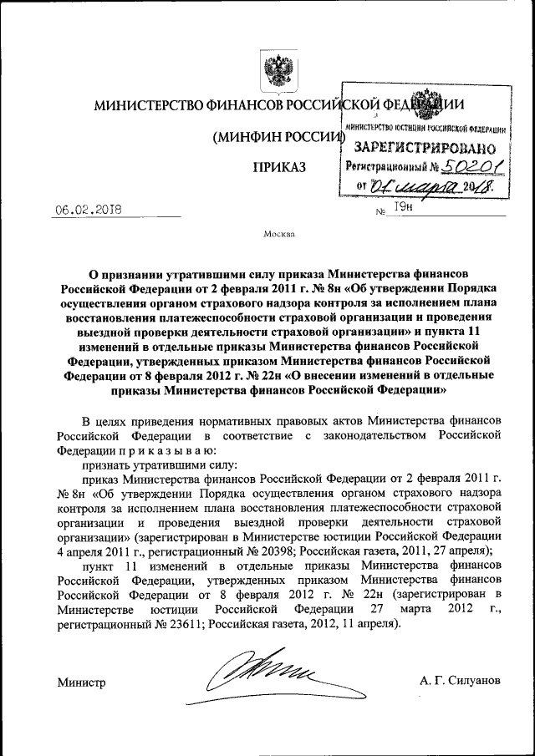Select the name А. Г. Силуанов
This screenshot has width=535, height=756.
point(461,681)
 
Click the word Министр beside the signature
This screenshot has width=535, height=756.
point(81,682)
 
